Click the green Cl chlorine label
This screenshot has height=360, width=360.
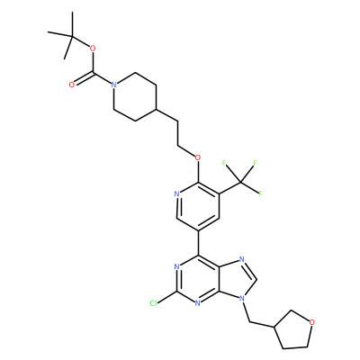[x=153, y=303]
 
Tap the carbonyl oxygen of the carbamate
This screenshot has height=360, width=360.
[x=71, y=85]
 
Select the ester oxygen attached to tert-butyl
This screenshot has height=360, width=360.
[x=93, y=48]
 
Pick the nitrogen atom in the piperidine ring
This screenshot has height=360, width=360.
[x=113, y=85]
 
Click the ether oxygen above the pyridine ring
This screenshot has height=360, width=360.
[x=197, y=157]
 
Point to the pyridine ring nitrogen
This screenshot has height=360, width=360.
[x=176, y=193]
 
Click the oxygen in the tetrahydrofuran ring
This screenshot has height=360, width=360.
[x=312, y=322]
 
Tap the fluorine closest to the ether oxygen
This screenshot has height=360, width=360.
[x=224, y=163]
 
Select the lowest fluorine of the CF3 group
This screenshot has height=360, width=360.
[x=261, y=193]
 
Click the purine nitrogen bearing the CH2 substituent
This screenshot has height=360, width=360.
[x=242, y=298]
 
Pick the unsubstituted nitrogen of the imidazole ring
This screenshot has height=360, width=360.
[x=242, y=259]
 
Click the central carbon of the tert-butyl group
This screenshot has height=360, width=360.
[x=72, y=36]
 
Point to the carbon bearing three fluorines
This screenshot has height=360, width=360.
[x=240, y=182]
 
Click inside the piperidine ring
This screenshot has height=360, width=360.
[x=135, y=96]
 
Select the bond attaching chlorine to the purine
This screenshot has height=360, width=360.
[x=167, y=297]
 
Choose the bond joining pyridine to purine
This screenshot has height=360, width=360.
[x=198, y=243]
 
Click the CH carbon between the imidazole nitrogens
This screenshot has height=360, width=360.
[x=256, y=279]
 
